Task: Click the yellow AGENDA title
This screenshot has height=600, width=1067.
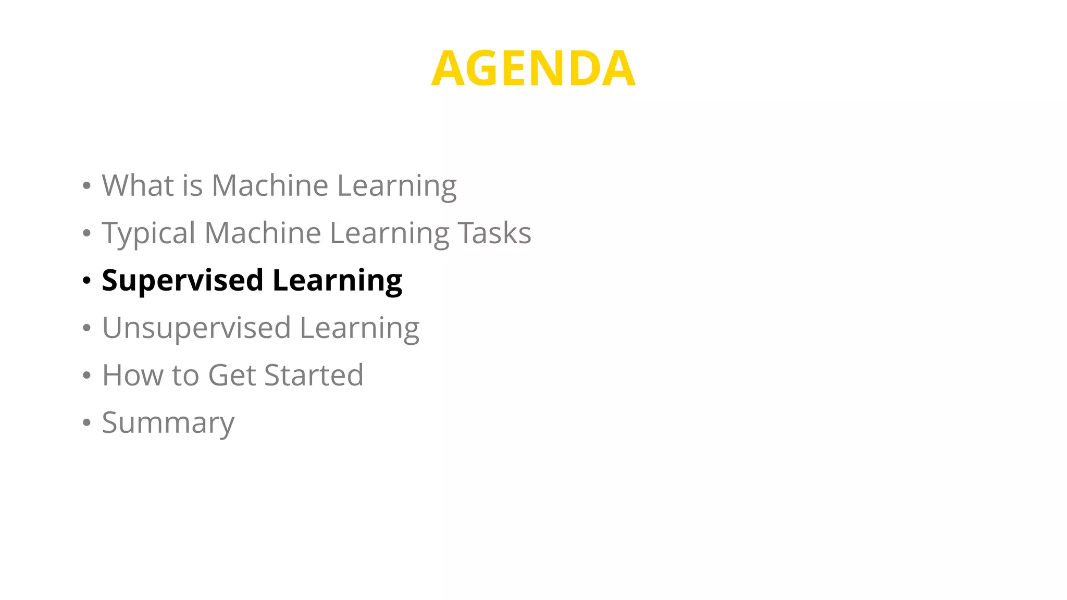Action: pos(533,68)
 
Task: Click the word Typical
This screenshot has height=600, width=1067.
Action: pos(148,233)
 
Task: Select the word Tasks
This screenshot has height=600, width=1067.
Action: pos(494,233)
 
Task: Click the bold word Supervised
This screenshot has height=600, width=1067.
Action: pos(182,281)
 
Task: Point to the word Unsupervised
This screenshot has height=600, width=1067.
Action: pos(196,329)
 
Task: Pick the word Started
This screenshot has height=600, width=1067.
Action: pos(314,375)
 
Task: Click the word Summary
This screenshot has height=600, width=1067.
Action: pos(168,423)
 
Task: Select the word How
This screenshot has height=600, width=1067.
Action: pos(132,375)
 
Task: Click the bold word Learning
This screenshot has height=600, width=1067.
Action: pos(337,281)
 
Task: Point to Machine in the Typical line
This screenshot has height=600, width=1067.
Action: pos(263,233)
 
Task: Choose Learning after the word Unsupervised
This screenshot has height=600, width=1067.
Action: pos(359,329)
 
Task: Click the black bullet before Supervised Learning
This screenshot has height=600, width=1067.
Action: pos(86,281)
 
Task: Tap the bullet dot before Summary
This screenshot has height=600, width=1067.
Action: pos(86,423)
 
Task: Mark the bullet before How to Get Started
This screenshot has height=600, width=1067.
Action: pos(86,376)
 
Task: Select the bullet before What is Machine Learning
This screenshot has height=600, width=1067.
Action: pos(86,186)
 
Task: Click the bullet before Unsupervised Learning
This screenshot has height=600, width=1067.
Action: pos(86,328)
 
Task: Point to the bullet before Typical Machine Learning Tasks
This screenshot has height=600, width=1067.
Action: pos(86,233)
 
